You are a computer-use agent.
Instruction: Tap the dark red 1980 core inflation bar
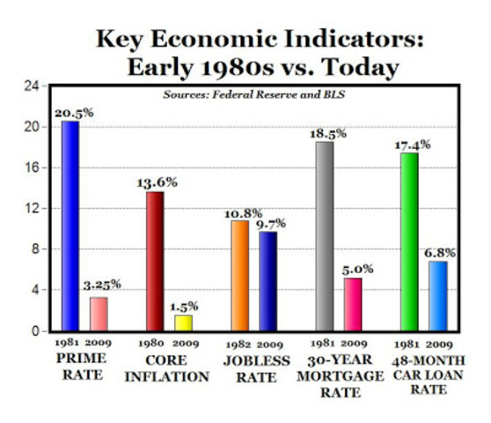[x=154, y=261]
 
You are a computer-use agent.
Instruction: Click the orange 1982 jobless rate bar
[x=240, y=275]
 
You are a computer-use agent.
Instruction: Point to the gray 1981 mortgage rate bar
[x=324, y=236]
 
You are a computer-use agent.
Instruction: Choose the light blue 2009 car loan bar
[x=436, y=295]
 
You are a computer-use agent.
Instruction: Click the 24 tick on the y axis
[x=31, y=86]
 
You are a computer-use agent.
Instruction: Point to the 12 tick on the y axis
[x=31, y=209]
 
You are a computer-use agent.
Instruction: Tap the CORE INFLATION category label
[x=165, y=369]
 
